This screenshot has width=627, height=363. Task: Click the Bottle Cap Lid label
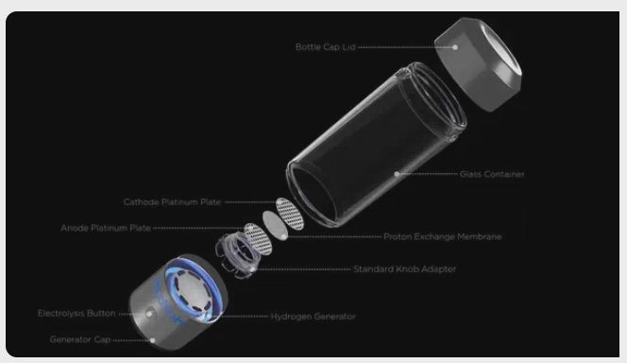pos(325,47)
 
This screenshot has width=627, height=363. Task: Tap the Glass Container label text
pos(492,174)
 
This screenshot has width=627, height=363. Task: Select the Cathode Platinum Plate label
pos(173,202)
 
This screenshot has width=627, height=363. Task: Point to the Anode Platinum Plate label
pos(106,228)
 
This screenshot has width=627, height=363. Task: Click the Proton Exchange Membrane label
pos(443,236)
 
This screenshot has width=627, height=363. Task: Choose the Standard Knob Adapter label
pos(405,269)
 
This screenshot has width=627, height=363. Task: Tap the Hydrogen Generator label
pos(313,317)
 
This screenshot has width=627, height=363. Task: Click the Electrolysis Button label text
pos(76,314)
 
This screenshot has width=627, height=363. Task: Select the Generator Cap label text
pos(80,339)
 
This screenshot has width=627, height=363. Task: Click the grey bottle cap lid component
pos(478,64)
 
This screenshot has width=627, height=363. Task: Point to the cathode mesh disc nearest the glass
pos(290,214)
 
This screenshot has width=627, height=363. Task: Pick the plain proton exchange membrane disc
pos(275,225)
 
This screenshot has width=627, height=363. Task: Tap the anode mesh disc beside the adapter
pos(258,239)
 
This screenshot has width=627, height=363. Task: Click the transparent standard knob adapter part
pos(238,256)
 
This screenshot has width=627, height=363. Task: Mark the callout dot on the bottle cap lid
pos(455,47)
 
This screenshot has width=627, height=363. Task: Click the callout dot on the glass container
pos(397,174)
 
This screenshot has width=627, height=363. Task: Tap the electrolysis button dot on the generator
pos(149,314)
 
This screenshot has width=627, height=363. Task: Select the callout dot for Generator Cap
pos(152,340)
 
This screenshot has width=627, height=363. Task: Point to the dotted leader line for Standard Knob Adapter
pos(303,269)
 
